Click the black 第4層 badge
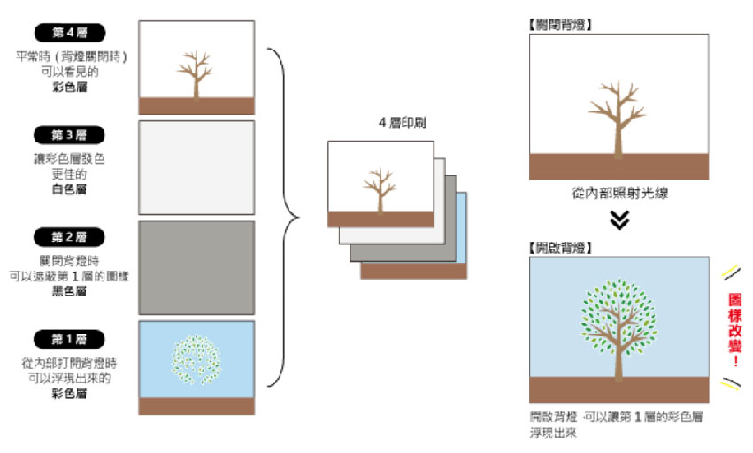pos(69,33)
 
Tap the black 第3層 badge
pos(69,134)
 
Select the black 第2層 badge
pos(69,236)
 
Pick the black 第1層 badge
pos(69,338)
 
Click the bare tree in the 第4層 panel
pos(196,73)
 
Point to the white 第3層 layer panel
pos(196,167)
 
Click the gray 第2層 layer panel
pos(196,267)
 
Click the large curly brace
pos(285,216)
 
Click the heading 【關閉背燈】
pos(559,24)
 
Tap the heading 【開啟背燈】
pos(559,247)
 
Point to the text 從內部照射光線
pos(619,193)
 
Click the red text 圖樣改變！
pos(734,328)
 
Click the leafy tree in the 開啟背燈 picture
pos(619,323)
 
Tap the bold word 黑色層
pos(69,290)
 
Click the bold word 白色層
pos(69,188)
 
